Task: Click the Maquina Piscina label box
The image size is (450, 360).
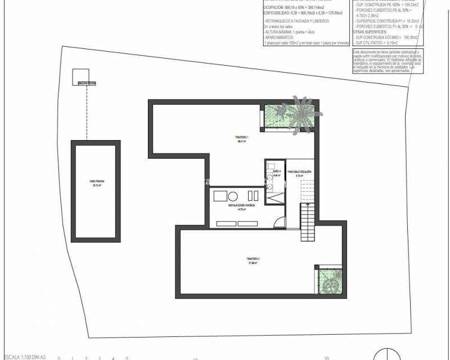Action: [87, 83]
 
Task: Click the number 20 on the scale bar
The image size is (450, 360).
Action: [326, 357]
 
